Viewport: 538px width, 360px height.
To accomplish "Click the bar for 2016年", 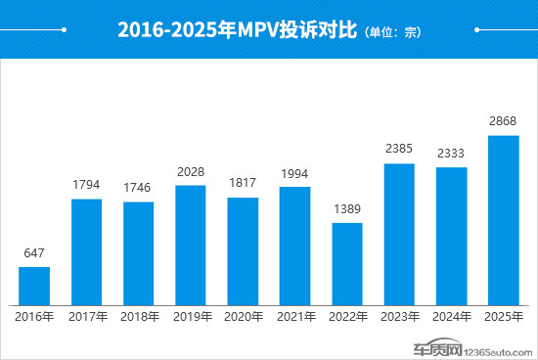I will [x=34, y=285].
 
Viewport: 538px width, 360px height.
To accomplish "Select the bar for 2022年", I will [x=347, y=263].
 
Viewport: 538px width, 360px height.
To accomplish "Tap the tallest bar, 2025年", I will [x=503, y=219].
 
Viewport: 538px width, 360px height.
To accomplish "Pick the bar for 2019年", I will [x=191, y=245].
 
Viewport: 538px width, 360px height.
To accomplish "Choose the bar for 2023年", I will [x=399, y=234].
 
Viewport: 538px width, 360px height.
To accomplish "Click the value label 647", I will [x=34, y=253].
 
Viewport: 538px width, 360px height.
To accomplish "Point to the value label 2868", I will [x=503, y=122].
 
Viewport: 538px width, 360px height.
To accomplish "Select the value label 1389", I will [x=347, y=210].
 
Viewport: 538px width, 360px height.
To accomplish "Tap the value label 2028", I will [x=191, y=172].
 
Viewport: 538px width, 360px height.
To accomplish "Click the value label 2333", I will [x=451, y=155].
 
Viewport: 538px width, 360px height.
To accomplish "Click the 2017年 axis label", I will [x=87, y=317].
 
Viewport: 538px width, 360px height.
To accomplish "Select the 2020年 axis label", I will [x=243, y=317].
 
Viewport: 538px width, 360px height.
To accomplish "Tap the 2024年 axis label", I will [x=451, y=317].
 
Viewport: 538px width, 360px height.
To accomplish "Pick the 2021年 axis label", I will [x=295, y=317].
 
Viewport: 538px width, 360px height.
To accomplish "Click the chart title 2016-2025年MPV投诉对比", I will [x=238, y=29].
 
